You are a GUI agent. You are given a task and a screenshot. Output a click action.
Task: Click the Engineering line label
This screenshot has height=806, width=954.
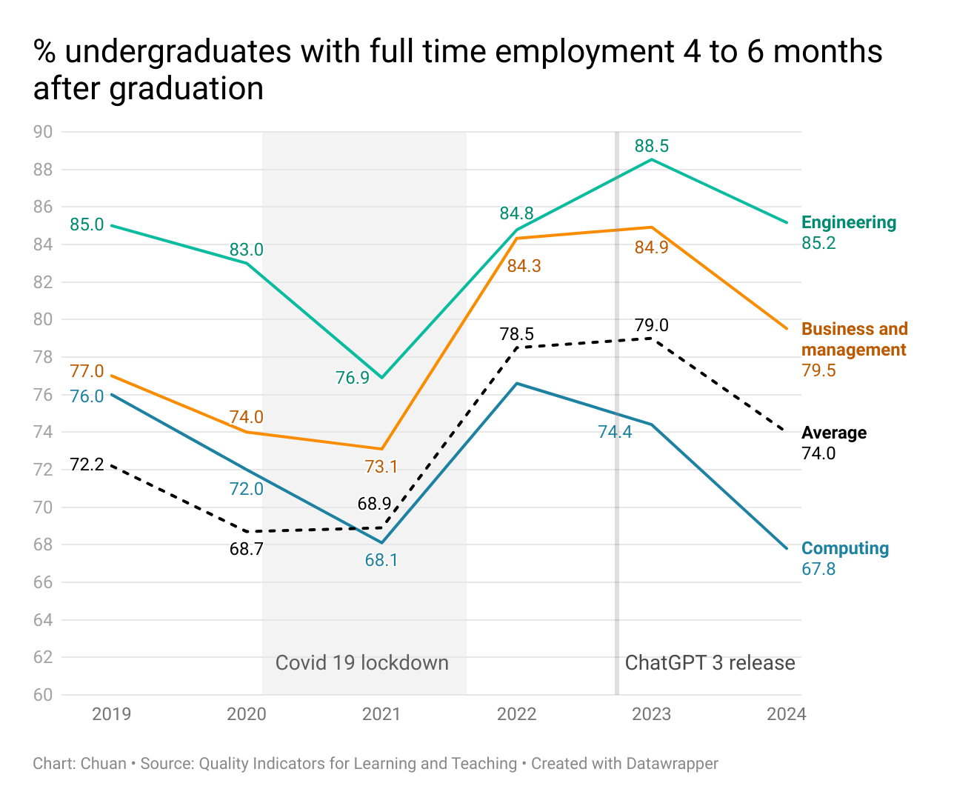tap(849, 222)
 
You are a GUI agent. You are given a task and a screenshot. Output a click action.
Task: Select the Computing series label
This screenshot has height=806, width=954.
tap(845, 548)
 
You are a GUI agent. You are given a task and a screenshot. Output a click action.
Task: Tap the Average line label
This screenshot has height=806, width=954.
tap(834, 433)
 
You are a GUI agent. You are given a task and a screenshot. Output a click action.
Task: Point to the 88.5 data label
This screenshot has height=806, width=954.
tap(651, 146)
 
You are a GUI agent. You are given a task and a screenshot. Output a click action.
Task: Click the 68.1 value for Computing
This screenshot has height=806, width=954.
tap(381, 560)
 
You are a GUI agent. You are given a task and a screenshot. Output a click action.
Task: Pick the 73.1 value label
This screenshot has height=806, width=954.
tap(381, 467)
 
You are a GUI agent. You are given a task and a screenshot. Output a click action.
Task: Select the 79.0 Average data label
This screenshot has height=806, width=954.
tap(651, 325)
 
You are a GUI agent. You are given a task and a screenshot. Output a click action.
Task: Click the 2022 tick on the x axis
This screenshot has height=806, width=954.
tap(516, 714)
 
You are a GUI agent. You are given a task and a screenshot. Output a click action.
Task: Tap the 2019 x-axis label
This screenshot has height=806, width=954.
tap(111, 714)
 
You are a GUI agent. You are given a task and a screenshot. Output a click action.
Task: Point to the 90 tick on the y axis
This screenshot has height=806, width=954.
tap(43, 132)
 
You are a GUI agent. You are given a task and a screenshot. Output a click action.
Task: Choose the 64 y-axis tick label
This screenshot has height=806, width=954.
tap(43, 619)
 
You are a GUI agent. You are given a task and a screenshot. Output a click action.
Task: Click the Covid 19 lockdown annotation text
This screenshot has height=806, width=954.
tap(361, 662)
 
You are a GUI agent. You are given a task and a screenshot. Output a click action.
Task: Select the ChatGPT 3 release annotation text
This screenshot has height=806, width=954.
tap(710, 662)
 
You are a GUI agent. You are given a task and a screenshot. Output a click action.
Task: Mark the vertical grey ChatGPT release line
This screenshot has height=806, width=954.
tap(617, 444)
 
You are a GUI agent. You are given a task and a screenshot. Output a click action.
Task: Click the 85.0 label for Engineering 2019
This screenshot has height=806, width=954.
tap(87, 224)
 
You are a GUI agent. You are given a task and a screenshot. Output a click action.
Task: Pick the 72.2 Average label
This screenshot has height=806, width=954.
tap(87, 465)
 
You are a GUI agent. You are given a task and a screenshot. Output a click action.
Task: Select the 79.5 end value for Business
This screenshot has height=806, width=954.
tap(818, 370)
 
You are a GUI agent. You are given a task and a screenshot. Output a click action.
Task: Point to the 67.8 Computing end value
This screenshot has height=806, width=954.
tap(818, 569)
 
